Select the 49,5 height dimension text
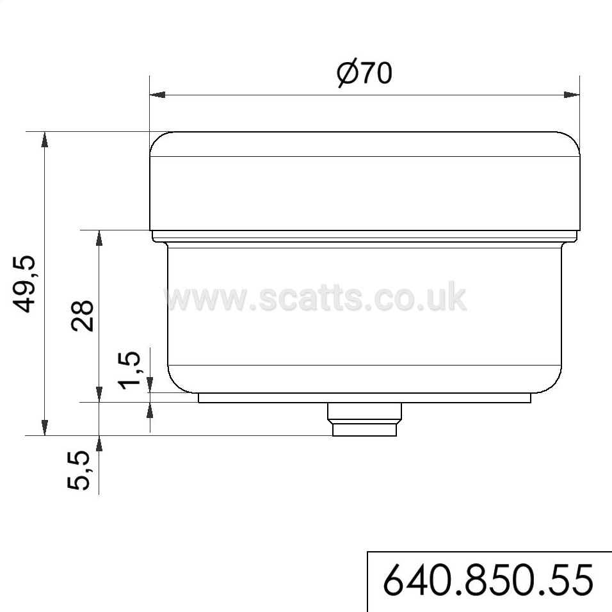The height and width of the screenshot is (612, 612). coord(24,284)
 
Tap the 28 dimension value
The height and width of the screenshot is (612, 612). coord(83,316)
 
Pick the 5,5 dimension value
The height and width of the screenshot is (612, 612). coord(79,471)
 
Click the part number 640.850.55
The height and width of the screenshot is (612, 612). coord(488,580)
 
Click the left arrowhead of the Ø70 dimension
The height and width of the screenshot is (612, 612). coord(157,95)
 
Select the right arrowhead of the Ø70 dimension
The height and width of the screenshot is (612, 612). coord(572,95)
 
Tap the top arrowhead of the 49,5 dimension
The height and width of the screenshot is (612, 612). coord(45,140)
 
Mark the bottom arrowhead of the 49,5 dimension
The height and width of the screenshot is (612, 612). coord(45,428)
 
